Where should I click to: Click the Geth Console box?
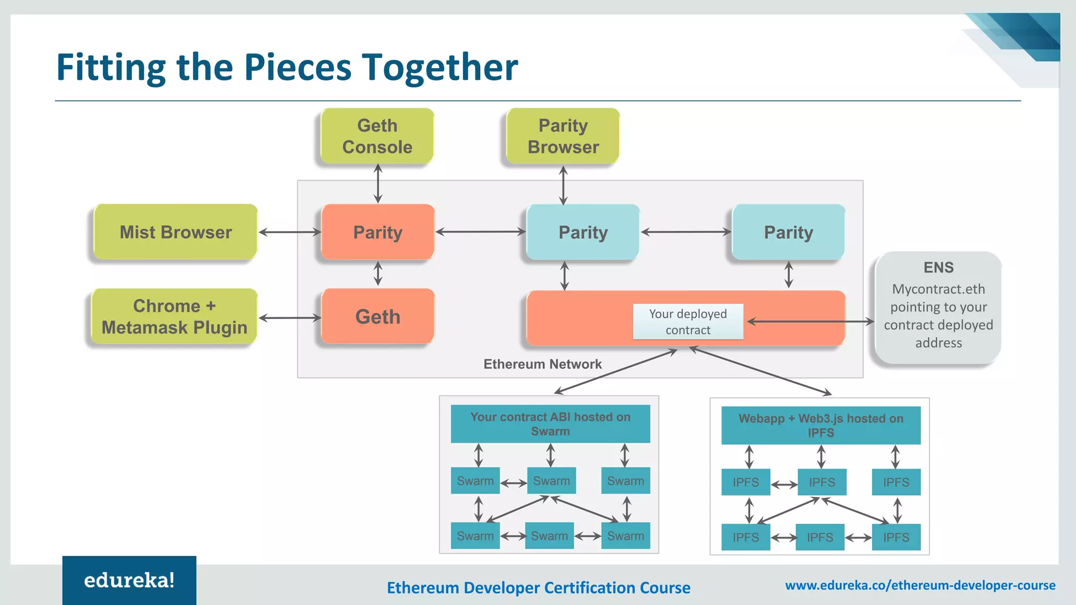click(377, 136)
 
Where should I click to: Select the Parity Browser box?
click(563, 136)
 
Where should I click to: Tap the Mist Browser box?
click(175, 232)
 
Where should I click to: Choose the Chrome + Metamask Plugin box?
click(174, 317)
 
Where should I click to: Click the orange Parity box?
click(378, 232)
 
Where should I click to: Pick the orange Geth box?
click(378, 317)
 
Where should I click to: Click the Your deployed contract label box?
click(688, 321)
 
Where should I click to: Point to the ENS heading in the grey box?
click(938, 267)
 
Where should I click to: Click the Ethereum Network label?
click(542, 364)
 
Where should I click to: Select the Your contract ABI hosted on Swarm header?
click(550, 424)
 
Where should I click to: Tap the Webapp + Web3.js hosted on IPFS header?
click(821, 425)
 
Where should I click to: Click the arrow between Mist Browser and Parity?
click(289, 232)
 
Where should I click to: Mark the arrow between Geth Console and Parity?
click(378, 183)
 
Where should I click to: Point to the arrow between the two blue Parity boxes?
click(686, 232)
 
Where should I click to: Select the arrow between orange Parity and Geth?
click(378, 274)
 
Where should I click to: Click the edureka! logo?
click(129, 580)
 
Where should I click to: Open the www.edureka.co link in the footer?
click(920, 585)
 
